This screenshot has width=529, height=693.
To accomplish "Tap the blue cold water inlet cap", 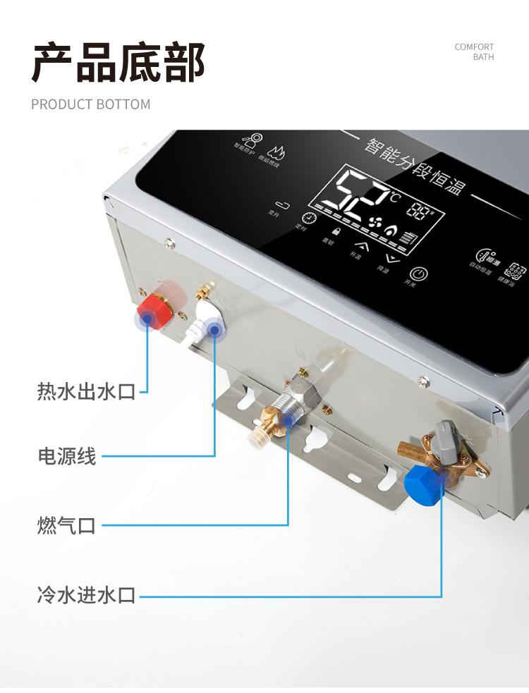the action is (x=423, y=482).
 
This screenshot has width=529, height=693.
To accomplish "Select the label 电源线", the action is (x=66, y=456).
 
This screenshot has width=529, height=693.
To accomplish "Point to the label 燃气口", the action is (x=66, y=525).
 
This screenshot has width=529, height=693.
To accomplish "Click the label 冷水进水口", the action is (x=86, y=596).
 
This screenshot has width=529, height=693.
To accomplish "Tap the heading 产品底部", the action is (x=118, y=63).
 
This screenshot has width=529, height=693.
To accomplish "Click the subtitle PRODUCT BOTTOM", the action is (x=90, y=104).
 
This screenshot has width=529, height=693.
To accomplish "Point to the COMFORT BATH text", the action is (x=475, y=52).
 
